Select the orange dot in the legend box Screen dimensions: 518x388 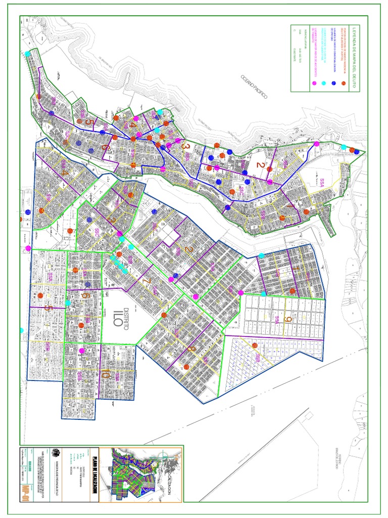pos(344,83)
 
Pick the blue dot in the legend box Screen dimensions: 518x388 pos(333,83)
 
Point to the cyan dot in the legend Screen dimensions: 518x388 pos(323,83)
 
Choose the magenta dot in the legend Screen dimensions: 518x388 pos(314,83)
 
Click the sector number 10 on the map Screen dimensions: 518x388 pos(106,375)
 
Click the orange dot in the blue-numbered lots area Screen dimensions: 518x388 pos(255,346)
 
